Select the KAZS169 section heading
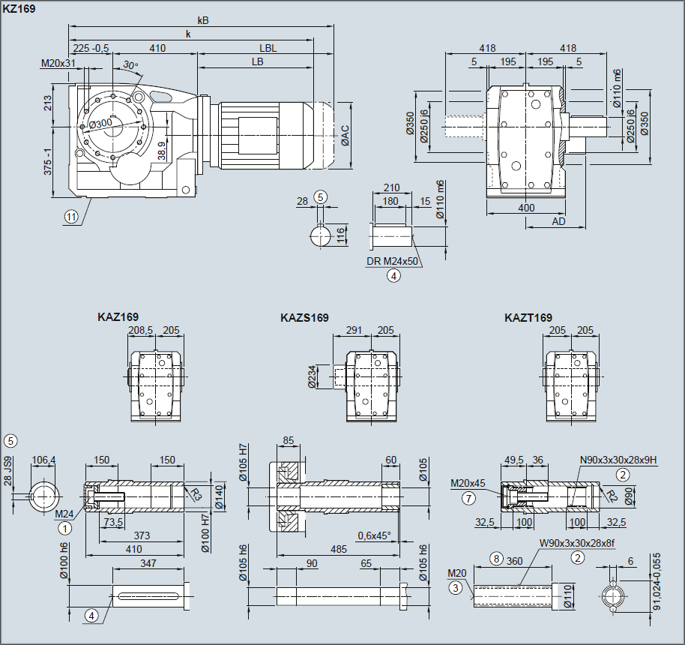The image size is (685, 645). point(304,318)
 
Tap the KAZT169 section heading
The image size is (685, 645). point(528,318)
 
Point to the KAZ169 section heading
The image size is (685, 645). point(118,317)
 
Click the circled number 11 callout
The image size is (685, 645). point(71,217)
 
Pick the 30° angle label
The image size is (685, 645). point(130,66)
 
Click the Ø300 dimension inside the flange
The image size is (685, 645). point(100,124)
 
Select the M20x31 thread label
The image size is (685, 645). point(58,63)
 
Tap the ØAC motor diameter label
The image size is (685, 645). point(345,135)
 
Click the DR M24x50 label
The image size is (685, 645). point(393,262)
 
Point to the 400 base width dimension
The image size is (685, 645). point(526,206)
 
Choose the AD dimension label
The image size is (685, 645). point(558,221)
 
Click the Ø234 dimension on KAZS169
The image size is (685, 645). point(312,376)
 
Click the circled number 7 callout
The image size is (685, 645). point(468,497)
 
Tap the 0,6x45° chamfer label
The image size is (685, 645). point(375,535)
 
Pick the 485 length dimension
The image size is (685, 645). point(338,549)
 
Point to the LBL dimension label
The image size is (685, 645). point(269,48)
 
